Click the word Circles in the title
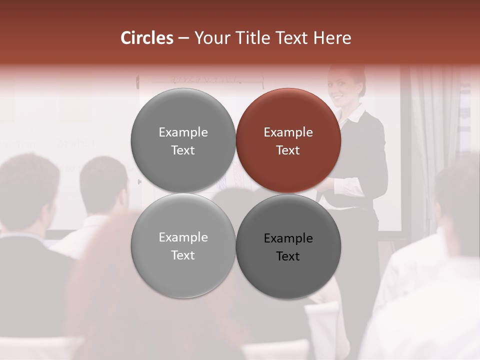pos(146,38)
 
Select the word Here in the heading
pos(332,38)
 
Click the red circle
pos(288,141)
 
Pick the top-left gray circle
pos(183,141)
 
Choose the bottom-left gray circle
pos(183,246)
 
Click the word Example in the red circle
pos(288,132)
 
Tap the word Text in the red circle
pos(288,150)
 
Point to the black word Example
pos(288,238)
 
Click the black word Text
pos(288,256)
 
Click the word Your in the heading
pos(210,38)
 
